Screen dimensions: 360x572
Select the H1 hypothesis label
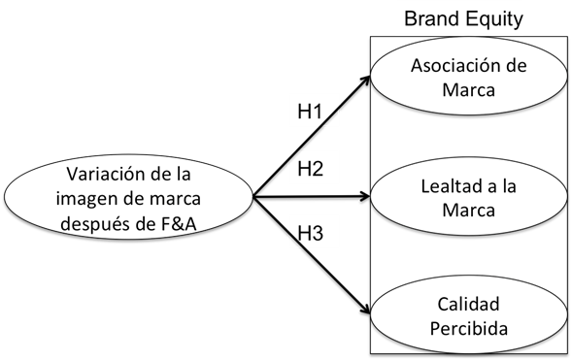click(310, 111)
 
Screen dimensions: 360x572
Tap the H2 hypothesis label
click(310, 169)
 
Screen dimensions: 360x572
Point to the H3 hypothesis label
click(310, 233)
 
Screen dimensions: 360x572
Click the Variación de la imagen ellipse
click(128, 197)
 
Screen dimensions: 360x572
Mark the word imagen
click(95, 197)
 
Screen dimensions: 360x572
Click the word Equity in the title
click(495, 17)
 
